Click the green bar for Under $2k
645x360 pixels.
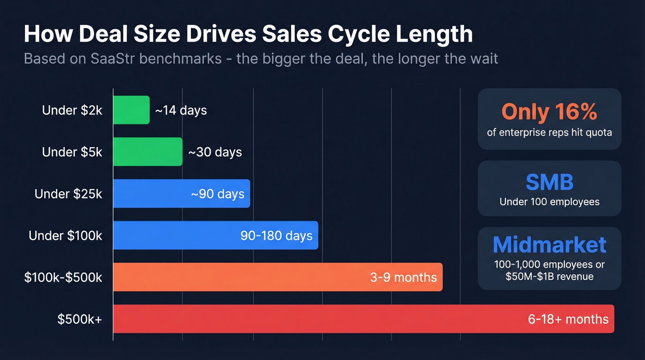click(x=131, y=110)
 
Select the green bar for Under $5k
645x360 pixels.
click(x=147, y=152)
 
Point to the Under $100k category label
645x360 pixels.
click(x=65, y=236)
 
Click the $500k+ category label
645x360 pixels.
click(x=80, y=319)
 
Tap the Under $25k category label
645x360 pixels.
click(x=68, y=194)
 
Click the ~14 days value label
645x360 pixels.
click(x=181, y=111)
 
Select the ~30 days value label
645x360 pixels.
click(x=215, y=152)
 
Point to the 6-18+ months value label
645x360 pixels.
click(x=568, y=319)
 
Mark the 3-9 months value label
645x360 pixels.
click(x=403, y=277)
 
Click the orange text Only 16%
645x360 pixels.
click(x=549, y=112)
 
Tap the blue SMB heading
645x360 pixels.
click(x=549, y=182)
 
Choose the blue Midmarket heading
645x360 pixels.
click(x=549, y=245)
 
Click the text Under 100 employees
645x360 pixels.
click(x=549, y=201)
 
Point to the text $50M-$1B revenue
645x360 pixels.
click(x=549, y=276)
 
